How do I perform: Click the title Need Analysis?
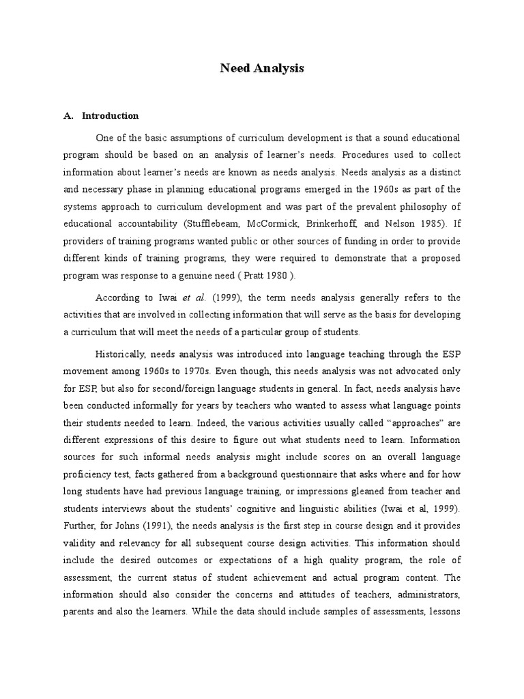click(x=261, y=68)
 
